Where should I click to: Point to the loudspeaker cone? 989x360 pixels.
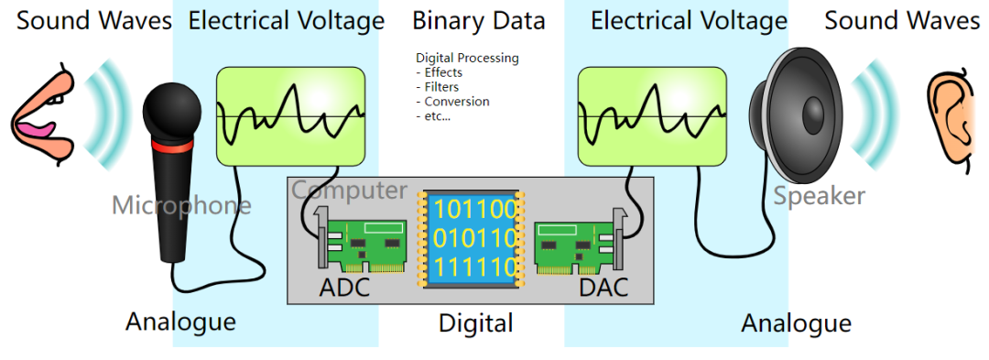point(793,119)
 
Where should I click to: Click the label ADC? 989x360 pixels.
point(344,288)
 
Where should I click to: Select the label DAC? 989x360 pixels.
point(603,288)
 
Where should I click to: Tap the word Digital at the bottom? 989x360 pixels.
point(475,322)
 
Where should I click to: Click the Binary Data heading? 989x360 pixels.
point(478,20)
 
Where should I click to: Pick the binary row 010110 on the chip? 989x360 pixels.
point(474,239)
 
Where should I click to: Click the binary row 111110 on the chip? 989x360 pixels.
point(474,268)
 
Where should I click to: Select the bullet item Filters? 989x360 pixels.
point(441,87)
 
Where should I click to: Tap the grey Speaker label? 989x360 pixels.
point(819,194)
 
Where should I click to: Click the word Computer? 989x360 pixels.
point(350,191)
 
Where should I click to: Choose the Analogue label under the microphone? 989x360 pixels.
point(180,322)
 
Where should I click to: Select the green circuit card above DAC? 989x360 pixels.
point(575,246)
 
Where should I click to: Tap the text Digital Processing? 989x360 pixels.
point(467,58)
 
